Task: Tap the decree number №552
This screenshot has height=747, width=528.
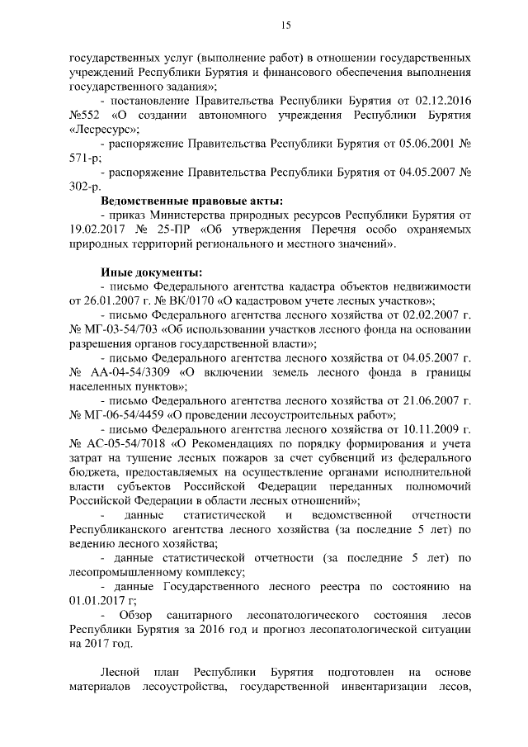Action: coord(85,115)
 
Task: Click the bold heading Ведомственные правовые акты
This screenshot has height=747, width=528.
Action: coord(191,201)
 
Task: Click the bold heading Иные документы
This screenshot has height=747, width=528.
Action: coord(149,272)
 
